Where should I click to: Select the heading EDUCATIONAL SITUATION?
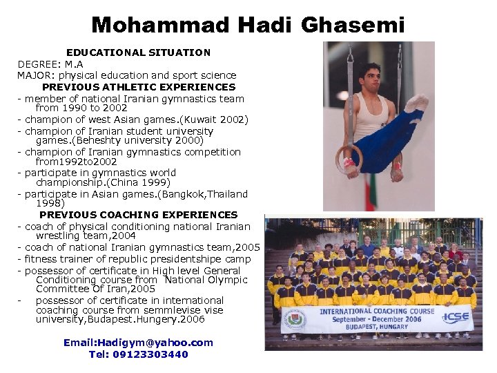click(138, 52)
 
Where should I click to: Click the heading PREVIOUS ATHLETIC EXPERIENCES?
click(139, 87)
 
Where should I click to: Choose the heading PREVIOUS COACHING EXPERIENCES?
click(138, 215)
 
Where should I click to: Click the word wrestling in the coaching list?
click(59, 236)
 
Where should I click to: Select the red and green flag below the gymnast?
click(371, 193)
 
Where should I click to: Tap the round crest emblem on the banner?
click(293, 319)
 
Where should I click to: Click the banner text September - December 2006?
click(376, 320)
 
